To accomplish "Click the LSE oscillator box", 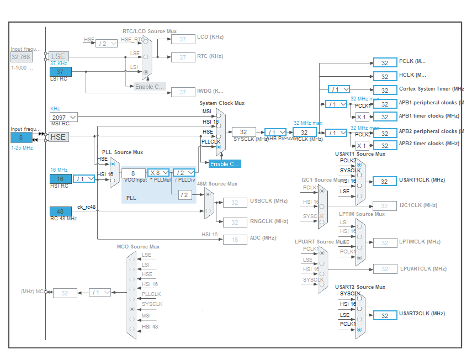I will point(58,56).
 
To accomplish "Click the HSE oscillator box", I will point(58,137).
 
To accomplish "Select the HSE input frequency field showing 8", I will point(21,137).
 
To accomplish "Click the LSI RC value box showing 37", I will point(60,72).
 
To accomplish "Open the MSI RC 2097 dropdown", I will point(64,117).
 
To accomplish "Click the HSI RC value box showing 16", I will point(60,179).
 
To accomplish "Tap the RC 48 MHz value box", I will point(60,211).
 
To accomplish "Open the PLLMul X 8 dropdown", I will point(159,173).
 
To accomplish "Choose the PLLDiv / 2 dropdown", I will point(183,173).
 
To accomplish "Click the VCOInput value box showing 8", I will point(133,173).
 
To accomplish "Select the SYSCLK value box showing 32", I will point(243,132).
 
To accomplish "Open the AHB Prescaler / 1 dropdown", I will point(275,132).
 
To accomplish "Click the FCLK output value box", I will point(385,62).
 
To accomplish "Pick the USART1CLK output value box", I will point(385,181).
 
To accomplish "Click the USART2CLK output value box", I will point(385,315).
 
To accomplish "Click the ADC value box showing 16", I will point(235,239).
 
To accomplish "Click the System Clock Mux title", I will point(222,103).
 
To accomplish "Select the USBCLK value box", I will point(235,203).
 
